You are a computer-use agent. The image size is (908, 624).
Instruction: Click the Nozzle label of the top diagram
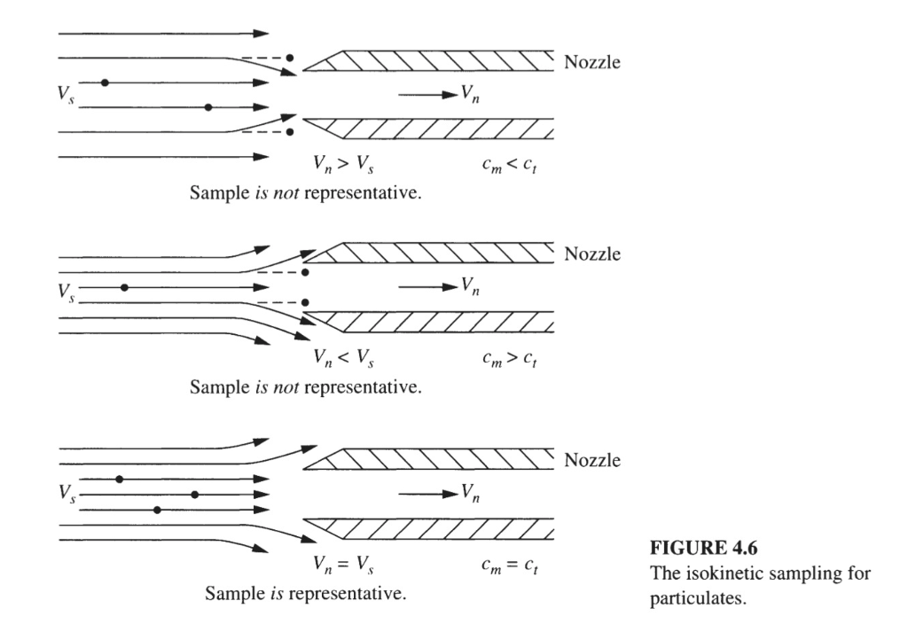591,62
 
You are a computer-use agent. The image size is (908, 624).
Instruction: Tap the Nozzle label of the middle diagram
591,255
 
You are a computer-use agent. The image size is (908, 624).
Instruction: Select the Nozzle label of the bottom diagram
591,461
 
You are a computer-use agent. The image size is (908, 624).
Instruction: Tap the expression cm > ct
496,359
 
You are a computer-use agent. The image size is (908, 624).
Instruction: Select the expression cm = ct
496,565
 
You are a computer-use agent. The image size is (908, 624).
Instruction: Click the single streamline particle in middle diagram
125,287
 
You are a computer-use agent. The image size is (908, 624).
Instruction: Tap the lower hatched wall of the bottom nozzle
443,530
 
